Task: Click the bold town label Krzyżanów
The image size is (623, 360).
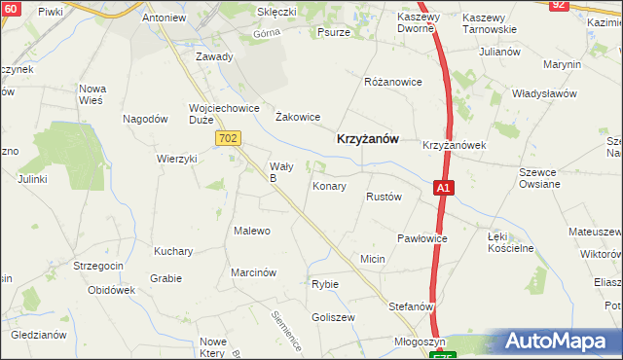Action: coord(367,139)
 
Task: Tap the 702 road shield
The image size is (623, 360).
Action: coord(228,139)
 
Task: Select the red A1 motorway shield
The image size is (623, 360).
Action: coord(443,188)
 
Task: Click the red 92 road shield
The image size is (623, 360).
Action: coord(558,5)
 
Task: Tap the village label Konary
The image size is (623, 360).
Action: coord(329,185)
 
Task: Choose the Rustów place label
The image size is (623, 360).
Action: coord(384,197)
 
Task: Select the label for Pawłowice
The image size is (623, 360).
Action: coord(422,238)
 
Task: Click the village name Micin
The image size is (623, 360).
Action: coord(373,259)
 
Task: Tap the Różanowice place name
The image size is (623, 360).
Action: coord(392,82)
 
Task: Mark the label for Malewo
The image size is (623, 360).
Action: coord(251,231)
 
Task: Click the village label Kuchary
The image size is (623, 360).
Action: coord(173,251)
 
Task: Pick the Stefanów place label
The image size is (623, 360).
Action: coord(410,306)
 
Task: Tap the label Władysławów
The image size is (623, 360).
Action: coord(544,94)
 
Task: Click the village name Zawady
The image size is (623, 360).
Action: coord(214,56)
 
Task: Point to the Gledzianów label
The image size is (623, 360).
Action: coord(38,335)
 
